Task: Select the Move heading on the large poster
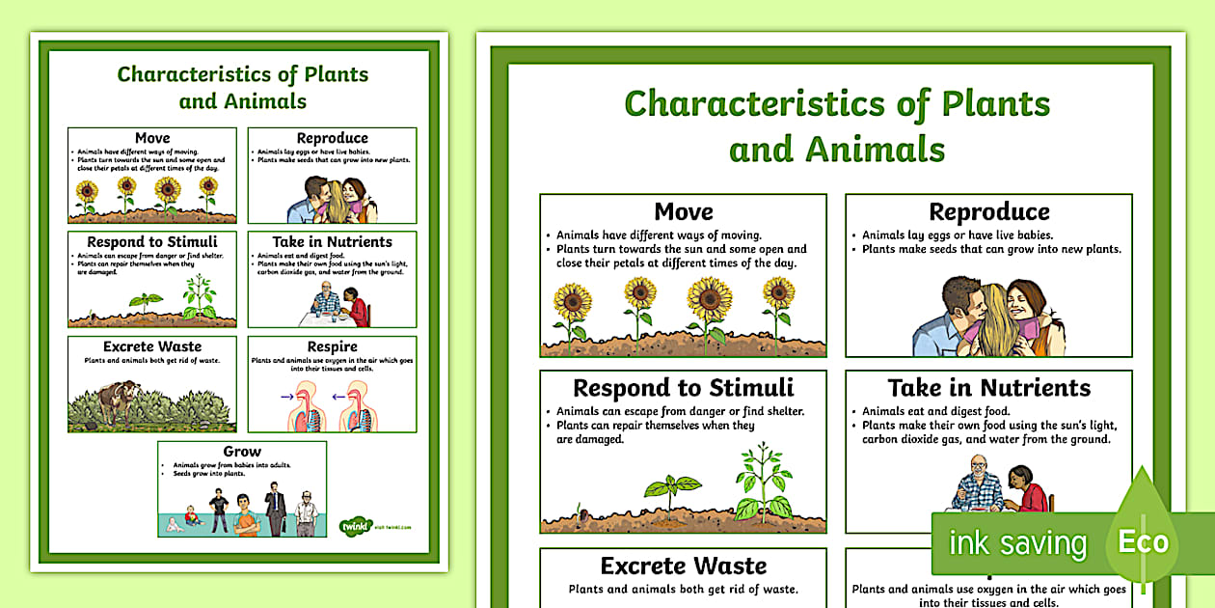pos(683,211)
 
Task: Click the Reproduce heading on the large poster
pos(988,211)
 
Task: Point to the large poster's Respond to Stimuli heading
pos(683,388)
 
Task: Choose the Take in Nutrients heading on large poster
pos(988,388)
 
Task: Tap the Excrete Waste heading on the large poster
pos(683,566)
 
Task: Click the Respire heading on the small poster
pos(332,346)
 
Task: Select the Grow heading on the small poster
pos(242,452)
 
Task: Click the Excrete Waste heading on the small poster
pos(152,346)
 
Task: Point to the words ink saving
pos(1016,544)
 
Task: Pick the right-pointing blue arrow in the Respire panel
pos(285,395)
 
